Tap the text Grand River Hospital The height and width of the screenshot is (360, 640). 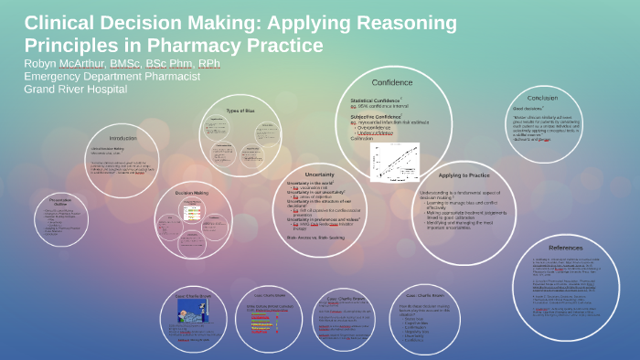[76, 89]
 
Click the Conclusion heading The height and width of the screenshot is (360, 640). [541, 97]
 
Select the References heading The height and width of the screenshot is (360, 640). [565, 247]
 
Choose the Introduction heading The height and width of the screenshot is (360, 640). [122, 138]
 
